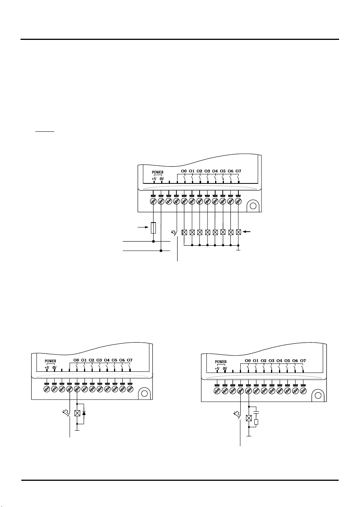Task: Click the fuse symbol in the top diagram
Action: (x=153, y=228)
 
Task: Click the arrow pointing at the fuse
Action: (x=143, y=227)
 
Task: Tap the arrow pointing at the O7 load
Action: (x=247, y=232)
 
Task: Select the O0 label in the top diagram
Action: (x=184, y=171)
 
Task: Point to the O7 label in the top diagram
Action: (x=238, y=171)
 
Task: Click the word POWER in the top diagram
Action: (x=157, y=172)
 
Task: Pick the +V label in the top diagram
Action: (x=154, y=179)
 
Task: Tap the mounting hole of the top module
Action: (x=253, y=206)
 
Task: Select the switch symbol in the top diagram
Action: (x=174, y=233)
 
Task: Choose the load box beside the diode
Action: (x=77, y=413)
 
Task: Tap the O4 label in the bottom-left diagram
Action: (x=107, y=360)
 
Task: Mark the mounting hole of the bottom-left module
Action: (x=144, y=393)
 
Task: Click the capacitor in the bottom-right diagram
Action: (x=256, y=412)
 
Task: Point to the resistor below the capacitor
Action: (x=256, y=422)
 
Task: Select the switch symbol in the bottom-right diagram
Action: (x=237, y=415)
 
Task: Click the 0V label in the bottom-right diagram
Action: (x=225, y=368)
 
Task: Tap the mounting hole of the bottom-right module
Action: (x=318, y=395)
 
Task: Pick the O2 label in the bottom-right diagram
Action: (x=263, y=360)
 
